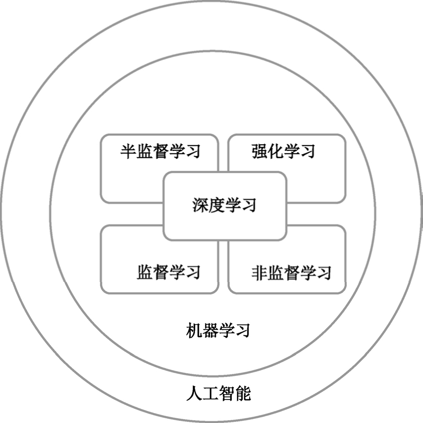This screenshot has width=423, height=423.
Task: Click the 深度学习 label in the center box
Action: tap(225, 205)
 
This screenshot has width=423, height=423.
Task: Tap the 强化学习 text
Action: tap(284, 151)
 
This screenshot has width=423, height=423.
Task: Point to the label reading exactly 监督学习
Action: tap(169, 272)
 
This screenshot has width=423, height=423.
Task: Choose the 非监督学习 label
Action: tap(291, 272)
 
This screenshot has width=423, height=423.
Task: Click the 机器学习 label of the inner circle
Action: tap(218, 331)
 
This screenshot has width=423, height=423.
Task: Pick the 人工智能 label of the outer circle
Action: tap(218, 393)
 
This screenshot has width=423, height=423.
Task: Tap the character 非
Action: tap(260, 272)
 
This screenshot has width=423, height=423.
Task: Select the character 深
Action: tap(201, 205)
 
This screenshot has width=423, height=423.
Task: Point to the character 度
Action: tap(217, 205)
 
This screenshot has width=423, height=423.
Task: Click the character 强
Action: tap(260, 151)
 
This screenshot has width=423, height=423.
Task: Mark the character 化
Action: tap(276, 151)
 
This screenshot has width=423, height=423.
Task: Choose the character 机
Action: tap(194, 331)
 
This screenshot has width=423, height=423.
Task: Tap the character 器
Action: tap(210, 331)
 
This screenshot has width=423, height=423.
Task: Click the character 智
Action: tap(227, 393)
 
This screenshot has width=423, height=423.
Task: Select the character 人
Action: tap(194, 393)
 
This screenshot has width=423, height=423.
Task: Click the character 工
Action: tap(210, 393)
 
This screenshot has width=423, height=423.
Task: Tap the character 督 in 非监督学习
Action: tap(292, 272)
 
